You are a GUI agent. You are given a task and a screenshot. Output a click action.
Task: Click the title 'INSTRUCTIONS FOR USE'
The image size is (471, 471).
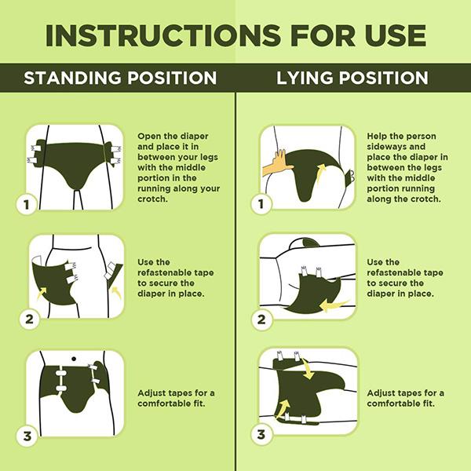pyautogui.click(x=235, y=35)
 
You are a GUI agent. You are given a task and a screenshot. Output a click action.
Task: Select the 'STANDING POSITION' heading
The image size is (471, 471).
pyautogui.click(x=119, y=78)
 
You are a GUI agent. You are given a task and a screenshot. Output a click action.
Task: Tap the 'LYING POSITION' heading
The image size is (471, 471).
pyautogui.click(x=352, y=78)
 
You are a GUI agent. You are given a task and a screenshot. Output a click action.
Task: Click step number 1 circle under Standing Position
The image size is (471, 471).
pyautogui.click(x=27, y=206)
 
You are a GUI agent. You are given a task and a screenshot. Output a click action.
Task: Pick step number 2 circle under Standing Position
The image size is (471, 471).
pyautogui.click(x=27, y=319)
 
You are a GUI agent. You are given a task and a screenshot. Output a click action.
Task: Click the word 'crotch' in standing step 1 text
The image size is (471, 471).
pyautogui.click(x=154, y=199)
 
